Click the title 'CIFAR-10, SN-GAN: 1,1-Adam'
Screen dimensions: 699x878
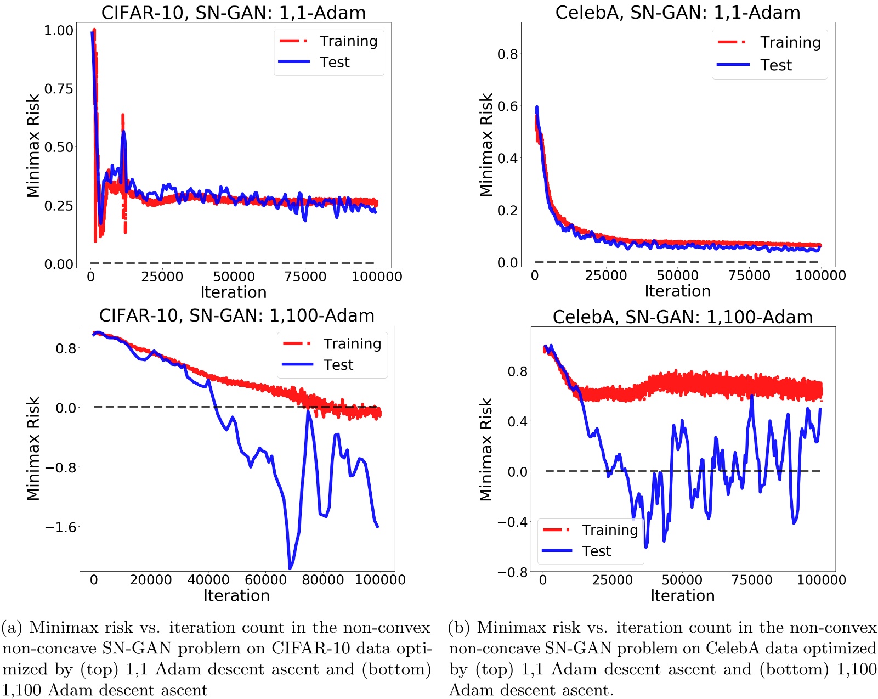[x=233, y=12]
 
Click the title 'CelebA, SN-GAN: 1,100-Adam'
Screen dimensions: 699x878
[x=682, y=317]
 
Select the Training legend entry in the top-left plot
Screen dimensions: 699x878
[x=348, y=41]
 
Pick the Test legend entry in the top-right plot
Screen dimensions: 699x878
[x=775, y=65]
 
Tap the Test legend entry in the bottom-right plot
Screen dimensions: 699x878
[x=596, y=551]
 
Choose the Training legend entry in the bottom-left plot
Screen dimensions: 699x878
[x=352, y=343]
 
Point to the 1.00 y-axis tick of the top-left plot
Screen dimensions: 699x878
[x=59, y=30]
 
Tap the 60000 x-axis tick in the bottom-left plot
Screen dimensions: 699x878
[x=265, y=579]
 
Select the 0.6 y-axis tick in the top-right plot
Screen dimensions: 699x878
[x=507, y=106]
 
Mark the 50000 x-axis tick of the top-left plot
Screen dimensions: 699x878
[x=234, y=277]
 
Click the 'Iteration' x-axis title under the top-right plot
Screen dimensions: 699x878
[x=677, y=291]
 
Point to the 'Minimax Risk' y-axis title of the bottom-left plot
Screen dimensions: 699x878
[x=33, y=448]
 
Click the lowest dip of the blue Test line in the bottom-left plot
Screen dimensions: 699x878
[x=290, y=567]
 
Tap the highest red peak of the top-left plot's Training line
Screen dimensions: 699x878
[x=94, y=30]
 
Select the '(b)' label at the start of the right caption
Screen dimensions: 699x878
[x=460, y=627]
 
